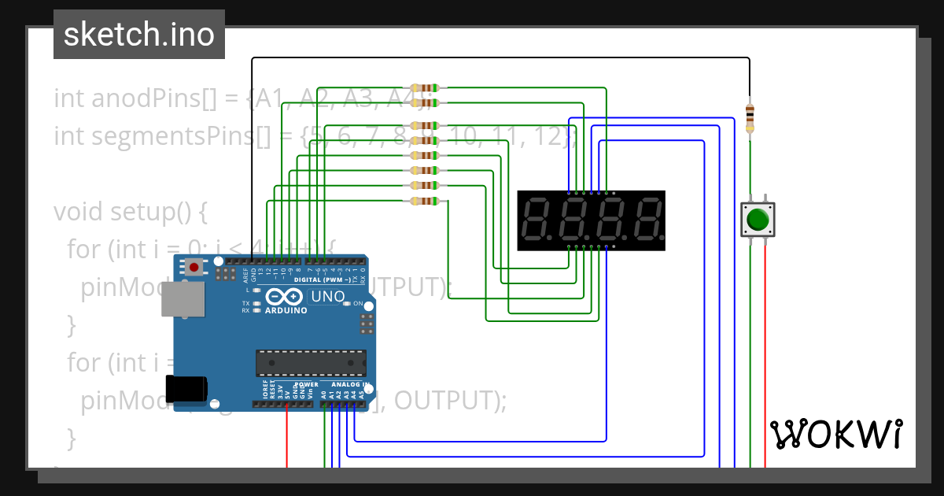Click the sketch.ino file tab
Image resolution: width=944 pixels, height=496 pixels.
click(x=139, y=35)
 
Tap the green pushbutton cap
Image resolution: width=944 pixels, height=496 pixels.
click(x=758, y=219)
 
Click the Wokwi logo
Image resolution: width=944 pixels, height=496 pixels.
click(x=835, y=434)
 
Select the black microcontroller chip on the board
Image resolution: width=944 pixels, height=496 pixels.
click(x=310, y=363)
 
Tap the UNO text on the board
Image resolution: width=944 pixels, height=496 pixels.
click(x=328, y=297)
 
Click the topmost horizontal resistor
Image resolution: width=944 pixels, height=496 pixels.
click(x=425, y=87)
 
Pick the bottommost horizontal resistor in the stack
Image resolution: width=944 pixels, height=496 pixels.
click(x=425, y=202)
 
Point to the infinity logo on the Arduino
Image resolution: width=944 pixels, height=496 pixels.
click(x=284, y=297)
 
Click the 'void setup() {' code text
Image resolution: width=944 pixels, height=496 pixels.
click(x=130, y=212)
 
